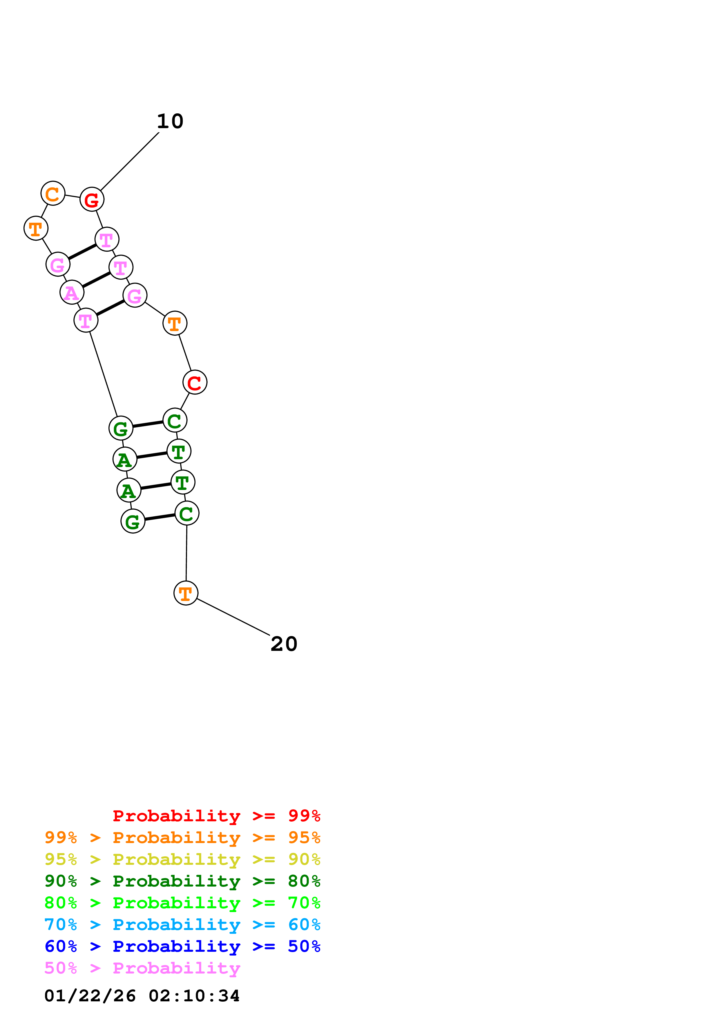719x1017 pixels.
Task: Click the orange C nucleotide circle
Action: tap(53, 194)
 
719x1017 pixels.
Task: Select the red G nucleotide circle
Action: tap(92, 200)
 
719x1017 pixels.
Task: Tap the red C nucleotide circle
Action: tap(195, 382)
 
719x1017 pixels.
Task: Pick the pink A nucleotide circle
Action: tap(72, 292)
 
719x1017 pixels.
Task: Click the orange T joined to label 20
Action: tap(186, 593)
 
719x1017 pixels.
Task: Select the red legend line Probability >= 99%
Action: tap(217, 816)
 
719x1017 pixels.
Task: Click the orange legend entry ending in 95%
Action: tap(182, 838)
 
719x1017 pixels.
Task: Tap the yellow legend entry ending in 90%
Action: tap(182, 859)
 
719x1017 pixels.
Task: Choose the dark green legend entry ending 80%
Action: tap(182, 881)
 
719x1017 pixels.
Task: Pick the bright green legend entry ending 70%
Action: tap(182, 903)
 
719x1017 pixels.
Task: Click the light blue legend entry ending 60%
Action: tap(182, 925)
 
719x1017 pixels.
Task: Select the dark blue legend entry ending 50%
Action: tap(182, 946)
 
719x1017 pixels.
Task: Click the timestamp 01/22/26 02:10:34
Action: tap(142, 996)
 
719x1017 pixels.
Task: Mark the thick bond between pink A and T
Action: tap(96, 279)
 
